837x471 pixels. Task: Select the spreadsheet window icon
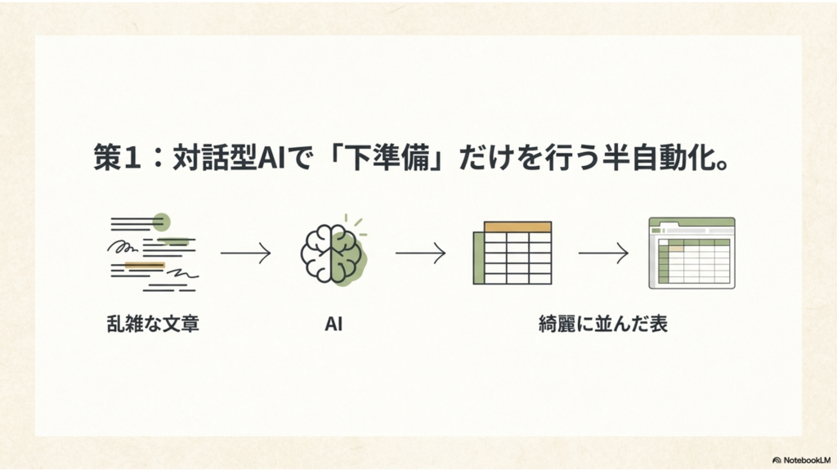tap(692, 253)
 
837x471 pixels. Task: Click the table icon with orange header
tap(512, 253)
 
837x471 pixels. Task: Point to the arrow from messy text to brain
tap(245, 253)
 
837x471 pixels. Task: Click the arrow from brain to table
tap(421, 253)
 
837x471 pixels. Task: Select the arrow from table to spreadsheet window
tap(603, 253)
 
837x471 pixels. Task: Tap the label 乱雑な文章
tap(153, 324)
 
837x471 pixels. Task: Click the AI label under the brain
tap(333, 324)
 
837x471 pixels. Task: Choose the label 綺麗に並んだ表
tap(603, 324)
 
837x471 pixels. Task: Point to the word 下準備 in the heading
tap(387, 158)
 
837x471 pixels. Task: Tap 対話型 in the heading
tap(215, 158)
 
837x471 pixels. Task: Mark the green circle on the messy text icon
tap(161, 222)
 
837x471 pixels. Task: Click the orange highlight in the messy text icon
tap(145, 265)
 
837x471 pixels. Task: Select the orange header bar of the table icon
tap(517, 227)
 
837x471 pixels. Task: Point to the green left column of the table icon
tap(479, 258)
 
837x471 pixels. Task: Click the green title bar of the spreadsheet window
tap(692, 222)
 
